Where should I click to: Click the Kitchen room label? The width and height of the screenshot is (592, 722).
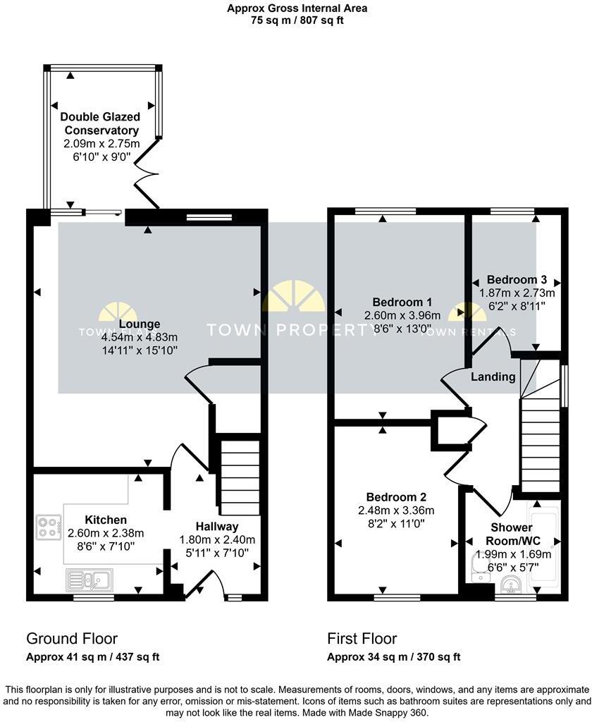click(106, 520)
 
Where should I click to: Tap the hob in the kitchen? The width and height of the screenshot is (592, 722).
click(49, 528)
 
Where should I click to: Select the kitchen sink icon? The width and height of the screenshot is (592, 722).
click(90, 580)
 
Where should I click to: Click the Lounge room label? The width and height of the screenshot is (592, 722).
click(140, 324)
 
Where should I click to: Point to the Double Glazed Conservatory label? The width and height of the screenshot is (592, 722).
click(100, 123)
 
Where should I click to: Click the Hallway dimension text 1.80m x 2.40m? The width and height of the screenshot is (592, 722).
click(216, 539)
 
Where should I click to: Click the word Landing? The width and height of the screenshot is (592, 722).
click(493, 377)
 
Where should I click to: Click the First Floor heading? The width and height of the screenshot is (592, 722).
click(362, 639)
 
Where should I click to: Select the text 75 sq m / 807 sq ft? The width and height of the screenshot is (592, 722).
click(297, 20)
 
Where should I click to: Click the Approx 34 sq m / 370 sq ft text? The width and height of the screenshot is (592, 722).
click(394, 657)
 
